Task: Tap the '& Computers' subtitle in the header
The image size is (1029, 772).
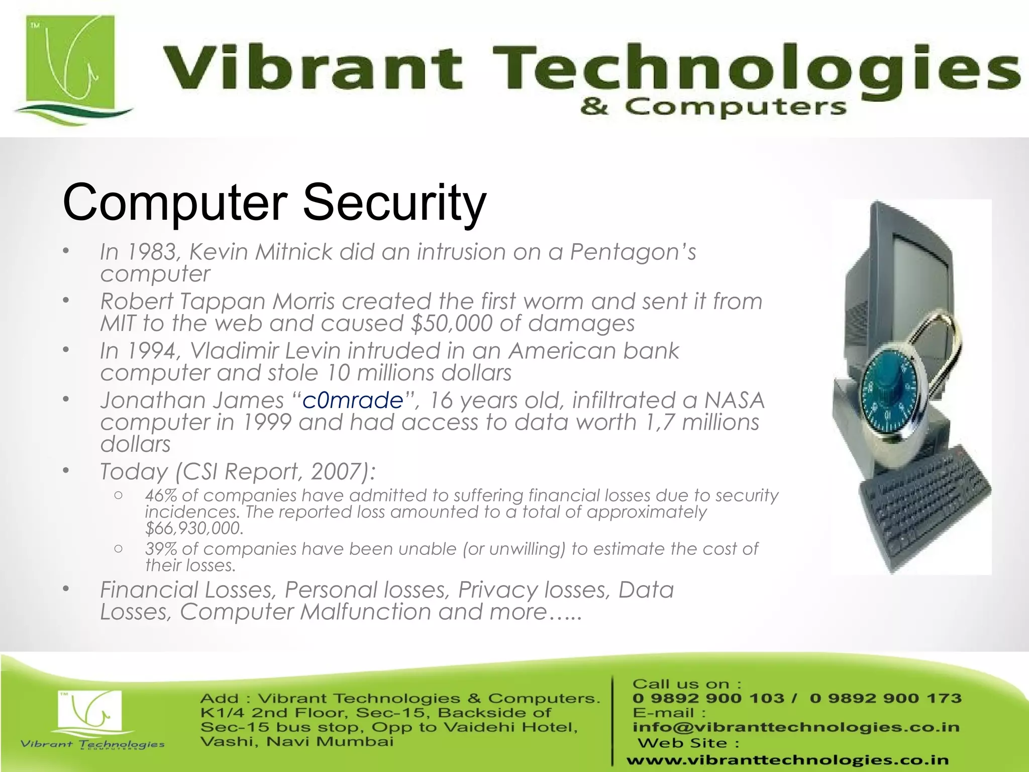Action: [x=713, y=107]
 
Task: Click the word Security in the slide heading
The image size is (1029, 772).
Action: [x=394, y=202]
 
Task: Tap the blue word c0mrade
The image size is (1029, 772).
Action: [x=353, y=401]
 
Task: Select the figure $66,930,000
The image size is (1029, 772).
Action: [x=194, y=528]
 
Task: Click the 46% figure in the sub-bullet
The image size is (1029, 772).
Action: [x=161, y=495]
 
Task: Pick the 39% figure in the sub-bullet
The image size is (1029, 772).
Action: [x=161, y=548]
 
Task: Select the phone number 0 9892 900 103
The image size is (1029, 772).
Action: [x=708, y=698]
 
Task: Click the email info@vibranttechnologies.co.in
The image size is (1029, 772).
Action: [x=796, y=727]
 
